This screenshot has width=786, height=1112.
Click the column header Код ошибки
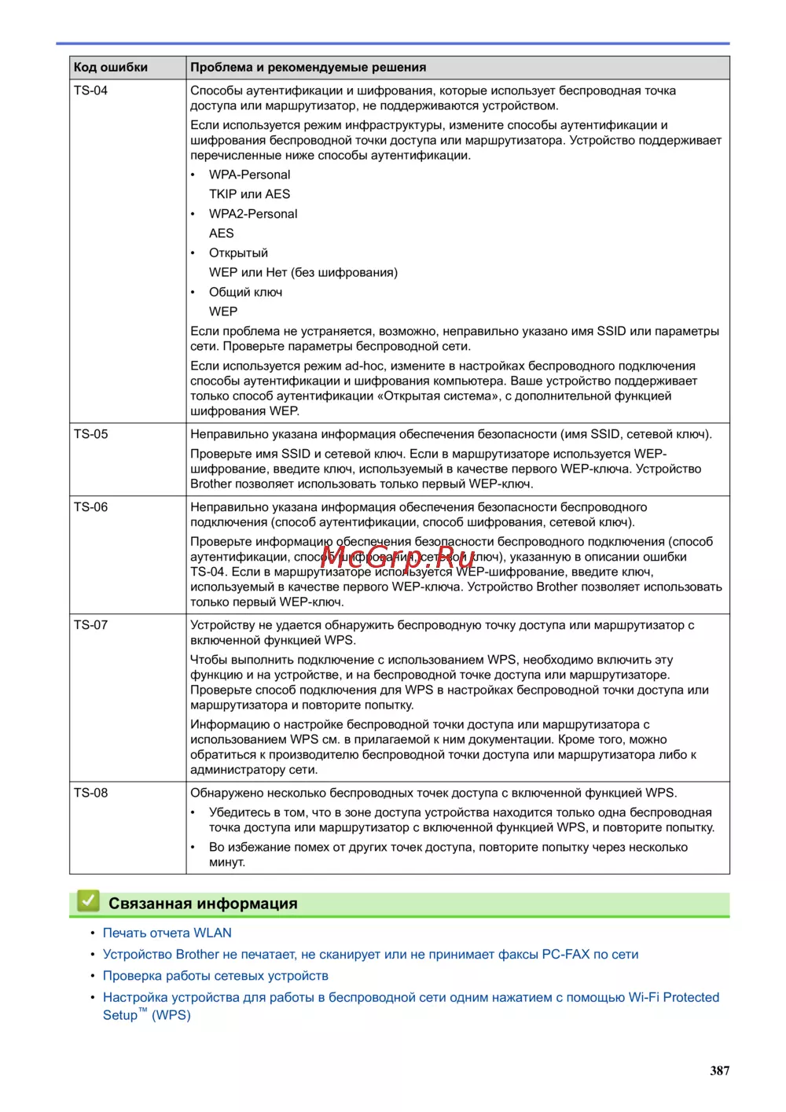pos(111,68)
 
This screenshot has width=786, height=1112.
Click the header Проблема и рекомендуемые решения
pos(308,68)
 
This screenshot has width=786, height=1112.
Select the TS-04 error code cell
pos(91,90)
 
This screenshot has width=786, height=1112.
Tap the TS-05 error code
pos(91,434)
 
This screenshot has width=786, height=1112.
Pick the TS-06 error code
pos(91,507)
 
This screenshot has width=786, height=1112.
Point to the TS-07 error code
pos(91,625)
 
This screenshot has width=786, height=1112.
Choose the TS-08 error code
pos(91,793)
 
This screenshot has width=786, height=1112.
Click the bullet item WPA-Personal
pos(249,175)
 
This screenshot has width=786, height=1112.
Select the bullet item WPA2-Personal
pos(253,214)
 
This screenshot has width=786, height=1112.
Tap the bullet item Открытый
pos(238,253)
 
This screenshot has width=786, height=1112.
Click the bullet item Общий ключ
pos(245,293)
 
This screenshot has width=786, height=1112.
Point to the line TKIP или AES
pos(249,194)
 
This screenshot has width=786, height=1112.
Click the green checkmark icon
pos(88,901)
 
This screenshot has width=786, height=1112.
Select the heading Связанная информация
pos(203,904)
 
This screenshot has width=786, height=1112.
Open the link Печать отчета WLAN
pos(167,933)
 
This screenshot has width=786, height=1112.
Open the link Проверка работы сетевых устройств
pos(215,976)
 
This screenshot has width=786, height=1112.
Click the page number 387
pos(719,1070)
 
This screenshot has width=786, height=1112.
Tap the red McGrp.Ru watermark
pos(397,557)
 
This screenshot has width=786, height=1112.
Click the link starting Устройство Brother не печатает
pos(370,955)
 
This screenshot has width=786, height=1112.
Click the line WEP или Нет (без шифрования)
pos(303,273)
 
